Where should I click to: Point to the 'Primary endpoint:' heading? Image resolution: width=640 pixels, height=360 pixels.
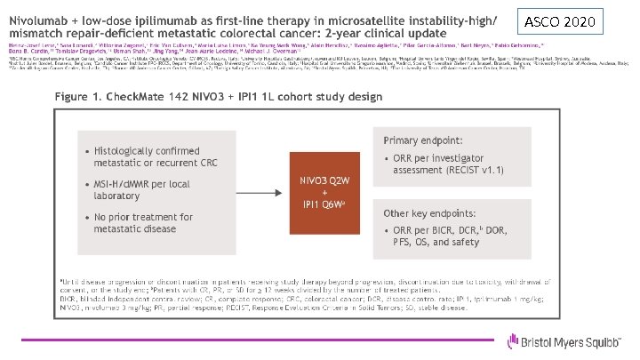[422, 140]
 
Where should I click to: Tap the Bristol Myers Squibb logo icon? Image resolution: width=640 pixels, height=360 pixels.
[512, 341]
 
